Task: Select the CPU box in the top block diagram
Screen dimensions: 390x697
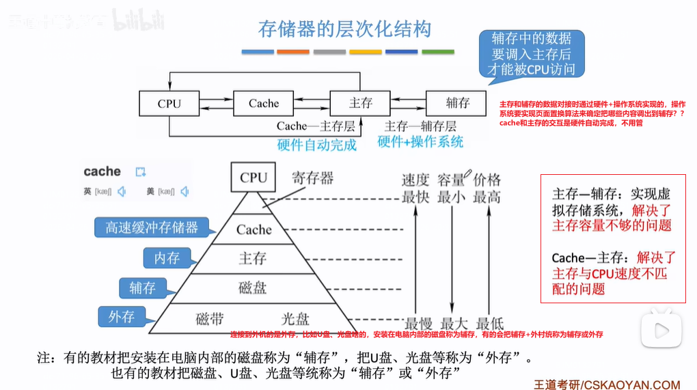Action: pos(169,104)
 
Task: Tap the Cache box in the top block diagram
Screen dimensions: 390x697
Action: pos(264,104)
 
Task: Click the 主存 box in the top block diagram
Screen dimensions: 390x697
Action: pos(360,103)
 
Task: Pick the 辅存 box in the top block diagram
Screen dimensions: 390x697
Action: pos(457,103)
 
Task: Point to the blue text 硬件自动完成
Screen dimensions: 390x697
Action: pos(316,145)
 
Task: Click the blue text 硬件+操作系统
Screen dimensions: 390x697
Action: pos(420,142)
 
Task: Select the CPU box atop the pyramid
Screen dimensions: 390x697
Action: pos(254,178)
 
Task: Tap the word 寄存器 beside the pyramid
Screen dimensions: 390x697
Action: pos(312,178)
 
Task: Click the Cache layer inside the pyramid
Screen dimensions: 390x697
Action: pos(254,230)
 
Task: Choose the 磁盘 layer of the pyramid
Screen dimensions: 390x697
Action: pos(253,288)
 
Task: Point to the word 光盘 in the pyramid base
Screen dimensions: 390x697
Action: pos(295,318)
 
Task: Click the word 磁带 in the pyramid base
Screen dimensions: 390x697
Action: pos(210,318)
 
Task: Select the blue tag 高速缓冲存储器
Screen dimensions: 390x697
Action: pos(151,227)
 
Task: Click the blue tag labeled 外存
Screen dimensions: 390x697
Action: pos(121,317)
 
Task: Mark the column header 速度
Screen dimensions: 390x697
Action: pos(415,180)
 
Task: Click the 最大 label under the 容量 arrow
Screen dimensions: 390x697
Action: pos(452,322)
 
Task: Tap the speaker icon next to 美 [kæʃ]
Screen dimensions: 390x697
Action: pos(184,192)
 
